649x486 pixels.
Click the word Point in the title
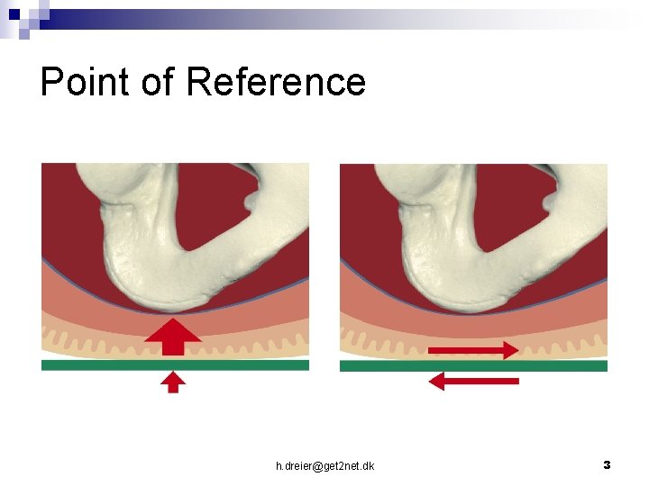tap(87, 82)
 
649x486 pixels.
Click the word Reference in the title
tap(276, 82)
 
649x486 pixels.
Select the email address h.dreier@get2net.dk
tap(325, 465)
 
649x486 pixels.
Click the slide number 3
tap(607, 464)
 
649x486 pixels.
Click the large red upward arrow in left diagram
tap(175, 337)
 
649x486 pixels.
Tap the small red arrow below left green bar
tap(174, 382)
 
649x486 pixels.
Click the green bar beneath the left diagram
tap(175, 365)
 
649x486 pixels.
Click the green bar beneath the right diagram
tap(473, 365)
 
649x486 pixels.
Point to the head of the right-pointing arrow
tap(510, 349)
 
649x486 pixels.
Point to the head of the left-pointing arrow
tap(437, 382)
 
